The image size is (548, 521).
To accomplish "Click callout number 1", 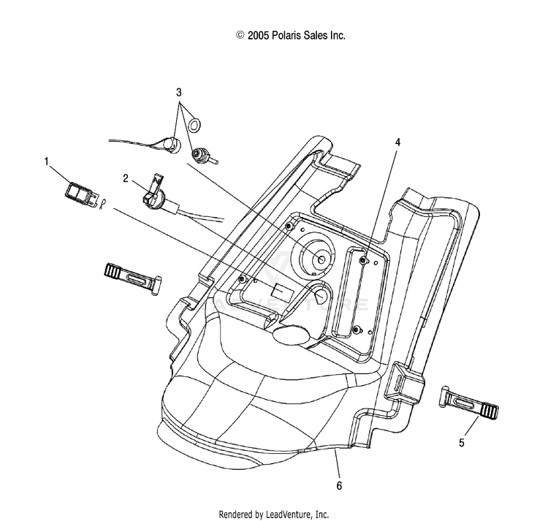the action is (46, 161).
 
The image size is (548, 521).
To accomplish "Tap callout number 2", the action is (126, 178).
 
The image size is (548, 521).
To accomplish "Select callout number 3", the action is (179, 93).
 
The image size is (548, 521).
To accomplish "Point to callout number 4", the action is (397, 142).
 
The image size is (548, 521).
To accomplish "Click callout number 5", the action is (462, 443).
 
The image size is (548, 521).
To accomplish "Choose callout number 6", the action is (339, 486).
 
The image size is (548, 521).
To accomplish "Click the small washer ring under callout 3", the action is (194, 126).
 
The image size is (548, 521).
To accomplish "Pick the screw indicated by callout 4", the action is (363, 259).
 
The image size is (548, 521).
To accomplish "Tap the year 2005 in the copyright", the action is (258, 36).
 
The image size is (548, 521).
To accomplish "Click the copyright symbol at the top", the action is (240, 35).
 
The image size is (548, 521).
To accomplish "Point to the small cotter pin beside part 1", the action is (102, 204).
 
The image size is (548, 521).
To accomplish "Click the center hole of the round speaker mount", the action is (321, 259).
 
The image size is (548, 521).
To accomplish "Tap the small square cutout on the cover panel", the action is (282, 293).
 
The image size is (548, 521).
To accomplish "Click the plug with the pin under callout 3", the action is (202, 156).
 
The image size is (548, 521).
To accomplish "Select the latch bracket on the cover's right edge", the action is (404, 382).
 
